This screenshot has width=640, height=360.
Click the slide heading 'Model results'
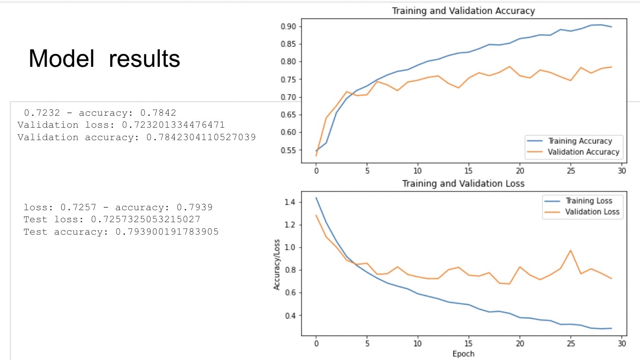click(x=104, y=59)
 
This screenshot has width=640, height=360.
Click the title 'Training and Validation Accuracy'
click(x=463, y=11)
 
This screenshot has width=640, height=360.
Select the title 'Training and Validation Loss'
click(x=463, y=183)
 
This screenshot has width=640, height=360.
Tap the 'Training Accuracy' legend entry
click(x=580, y=141)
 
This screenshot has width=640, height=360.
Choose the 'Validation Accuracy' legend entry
click(x=583, y=152)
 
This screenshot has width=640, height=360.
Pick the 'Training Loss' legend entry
click(x=588, y=201)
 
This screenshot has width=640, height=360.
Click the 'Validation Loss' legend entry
click(x=592, y=212)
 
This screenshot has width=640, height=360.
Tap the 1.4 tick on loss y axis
click(x=290, y=202)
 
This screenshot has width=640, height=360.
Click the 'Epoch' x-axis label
click(x=463, y=354)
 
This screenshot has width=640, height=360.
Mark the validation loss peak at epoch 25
click(x=570, y=250)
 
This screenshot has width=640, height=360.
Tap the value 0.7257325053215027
click(x=146, y=219)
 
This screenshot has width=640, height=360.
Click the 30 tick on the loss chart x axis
click(x=622, y=343)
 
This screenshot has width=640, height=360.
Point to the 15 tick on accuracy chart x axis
click(x=469, y=170)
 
